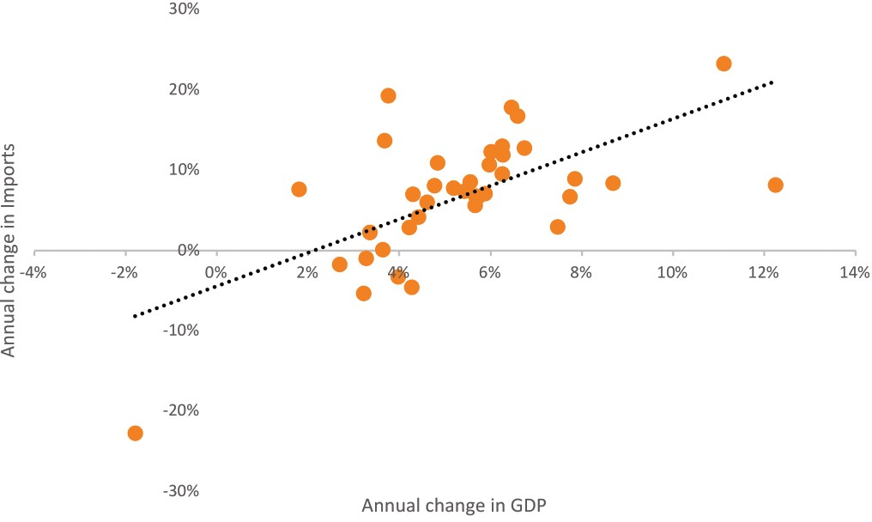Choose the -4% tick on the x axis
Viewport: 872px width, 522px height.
(34, 272)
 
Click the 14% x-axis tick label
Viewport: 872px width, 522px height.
(855, 272)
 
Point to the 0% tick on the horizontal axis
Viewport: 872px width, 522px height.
(216, 272)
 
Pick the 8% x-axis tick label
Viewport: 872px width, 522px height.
(582, 272)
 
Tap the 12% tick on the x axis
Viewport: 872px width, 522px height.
(764, 272)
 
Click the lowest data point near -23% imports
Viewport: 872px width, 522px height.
(135, 433)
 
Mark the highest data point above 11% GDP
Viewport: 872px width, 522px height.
(724, 64)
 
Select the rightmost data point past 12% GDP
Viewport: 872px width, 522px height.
(775, 185)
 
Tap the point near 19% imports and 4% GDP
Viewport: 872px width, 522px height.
(388, 95)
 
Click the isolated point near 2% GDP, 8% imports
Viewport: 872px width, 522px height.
(299, 189)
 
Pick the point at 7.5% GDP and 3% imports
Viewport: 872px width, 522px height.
(558, 227)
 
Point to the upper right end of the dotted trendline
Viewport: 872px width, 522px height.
(773, 82)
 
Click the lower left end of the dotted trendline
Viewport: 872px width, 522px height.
(134, 316)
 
